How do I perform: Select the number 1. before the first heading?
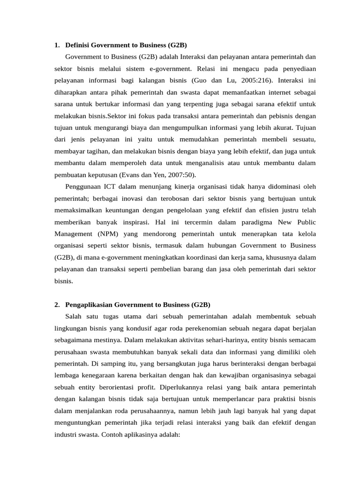pyautogui.click(x=57, y=45)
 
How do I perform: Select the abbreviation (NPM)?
pyautogui.click(x=108, y=234)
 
